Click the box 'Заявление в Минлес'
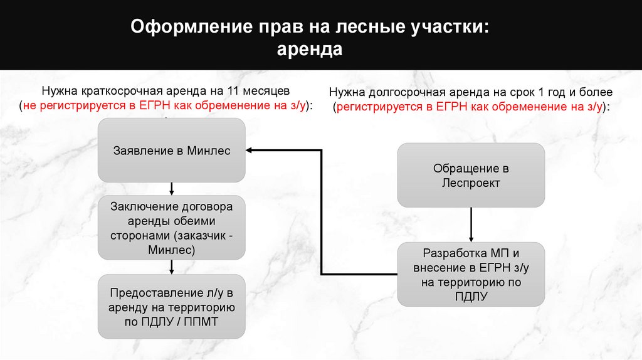tap(171, 151)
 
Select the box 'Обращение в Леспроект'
tap(471, 176)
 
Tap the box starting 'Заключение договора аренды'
tap(171, 228)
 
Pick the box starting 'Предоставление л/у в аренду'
tap(171, 307)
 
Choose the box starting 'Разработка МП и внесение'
tap(471, 275)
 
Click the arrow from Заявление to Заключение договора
tap(171, 189)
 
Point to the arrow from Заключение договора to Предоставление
tap(171, 268)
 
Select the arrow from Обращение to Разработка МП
tap(471, 225)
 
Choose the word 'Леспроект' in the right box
tap(471, 183)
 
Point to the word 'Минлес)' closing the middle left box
tap(171, 250)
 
